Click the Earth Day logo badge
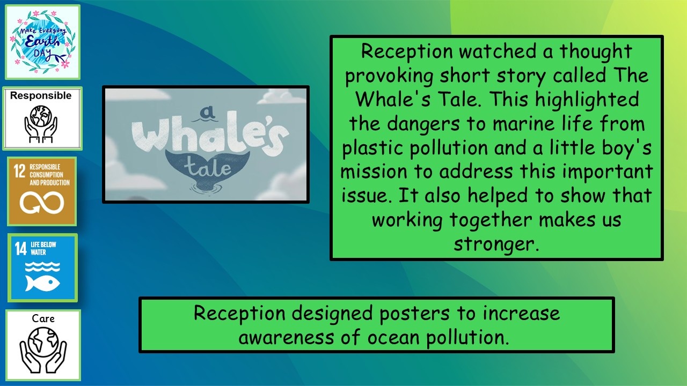click(42, 42)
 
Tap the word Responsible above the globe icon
click(41, 95)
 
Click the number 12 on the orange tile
click(19, 171)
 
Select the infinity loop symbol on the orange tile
click(42, 202)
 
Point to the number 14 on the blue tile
click(21, 248)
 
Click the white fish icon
click(42, 284)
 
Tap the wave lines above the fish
click(42, 266)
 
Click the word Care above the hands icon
click(43, 318)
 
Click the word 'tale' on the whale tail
click(207, 167)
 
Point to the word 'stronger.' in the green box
click(496, 244)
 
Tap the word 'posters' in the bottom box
click(414, 314)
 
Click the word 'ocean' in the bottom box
click(393, 338)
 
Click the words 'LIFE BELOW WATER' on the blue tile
click(43, 248)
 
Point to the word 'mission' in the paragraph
click(373, 172)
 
